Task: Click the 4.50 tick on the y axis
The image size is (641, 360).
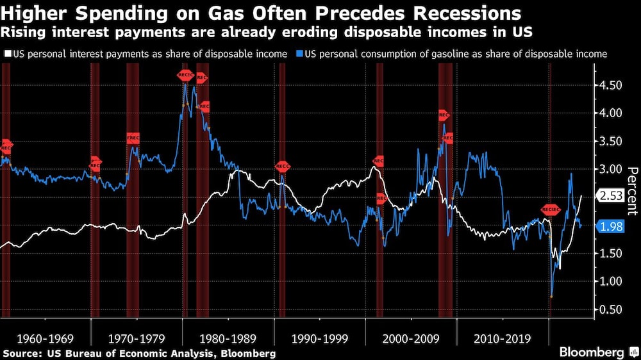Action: coord(606,85)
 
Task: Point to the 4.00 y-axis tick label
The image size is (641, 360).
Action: coord(606,113)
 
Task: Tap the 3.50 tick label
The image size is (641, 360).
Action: coord(606,142)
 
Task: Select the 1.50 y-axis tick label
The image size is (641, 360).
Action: coord(606,254)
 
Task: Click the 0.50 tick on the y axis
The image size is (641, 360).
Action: coord(606,309)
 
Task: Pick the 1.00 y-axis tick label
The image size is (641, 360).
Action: coord(606,282)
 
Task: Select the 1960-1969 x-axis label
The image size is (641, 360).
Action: coord(46,338)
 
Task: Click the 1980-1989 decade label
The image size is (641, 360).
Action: coord(228,338)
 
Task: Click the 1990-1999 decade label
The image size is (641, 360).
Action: coord(320,338)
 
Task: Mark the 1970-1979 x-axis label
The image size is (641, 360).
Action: coord(137,338)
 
